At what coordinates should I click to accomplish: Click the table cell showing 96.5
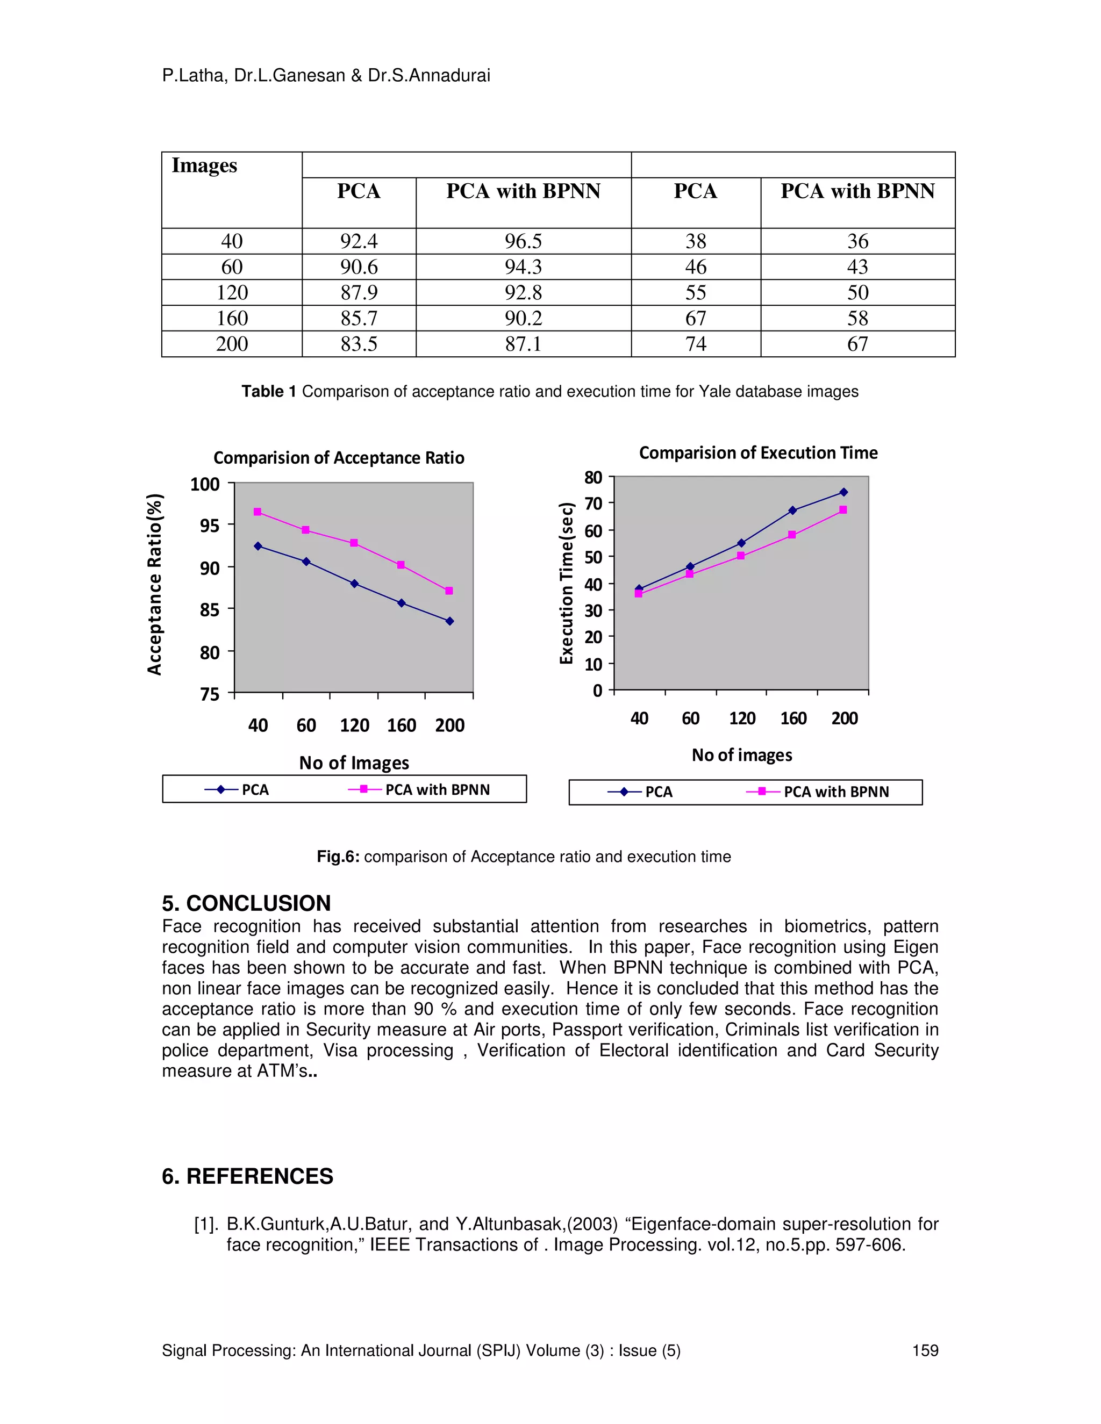(523, 241)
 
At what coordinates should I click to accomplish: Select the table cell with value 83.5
(359, 343)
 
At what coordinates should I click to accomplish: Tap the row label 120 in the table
(232, 292)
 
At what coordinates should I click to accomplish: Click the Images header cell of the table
(204, 166)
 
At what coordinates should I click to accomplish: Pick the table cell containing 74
(695, 343)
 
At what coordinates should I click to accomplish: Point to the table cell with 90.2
(523, 318)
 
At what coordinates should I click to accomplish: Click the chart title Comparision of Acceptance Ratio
(339, 458)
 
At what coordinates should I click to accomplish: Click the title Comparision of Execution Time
(758, 452)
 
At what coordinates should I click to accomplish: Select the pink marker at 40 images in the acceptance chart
(258, 512)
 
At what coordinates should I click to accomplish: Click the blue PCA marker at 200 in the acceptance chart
(449, 621)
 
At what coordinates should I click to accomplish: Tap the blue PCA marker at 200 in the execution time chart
(843, 492)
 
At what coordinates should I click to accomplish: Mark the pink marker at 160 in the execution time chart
(792, 535)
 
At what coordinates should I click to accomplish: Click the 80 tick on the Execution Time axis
(593, 478)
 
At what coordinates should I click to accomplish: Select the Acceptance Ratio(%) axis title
(155, 584)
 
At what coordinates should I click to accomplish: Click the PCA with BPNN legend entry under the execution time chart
(835, 792)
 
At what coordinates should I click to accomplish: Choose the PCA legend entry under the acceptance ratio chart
(254, 789)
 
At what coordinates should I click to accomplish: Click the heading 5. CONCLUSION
(247, 903)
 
